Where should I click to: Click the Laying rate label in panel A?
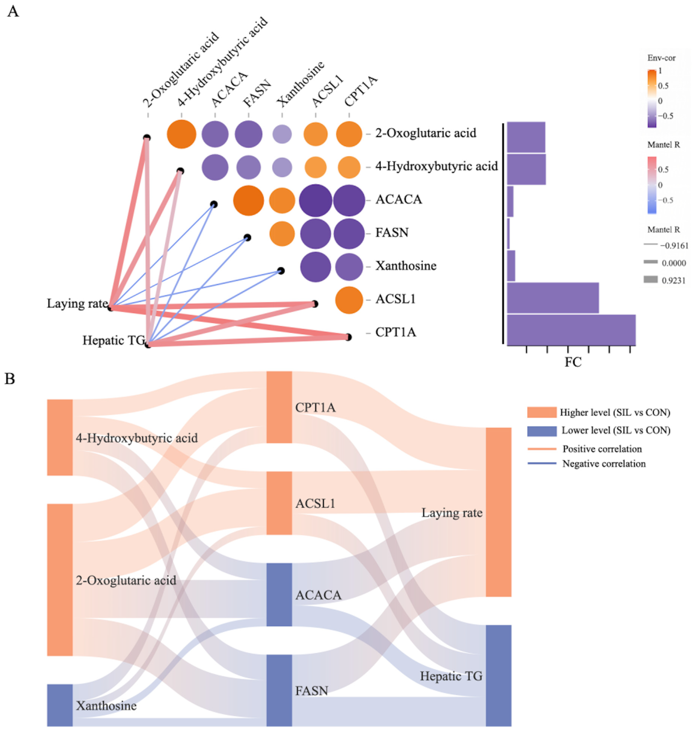point(77,304)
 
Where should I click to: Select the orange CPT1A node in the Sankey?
point(279,407)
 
